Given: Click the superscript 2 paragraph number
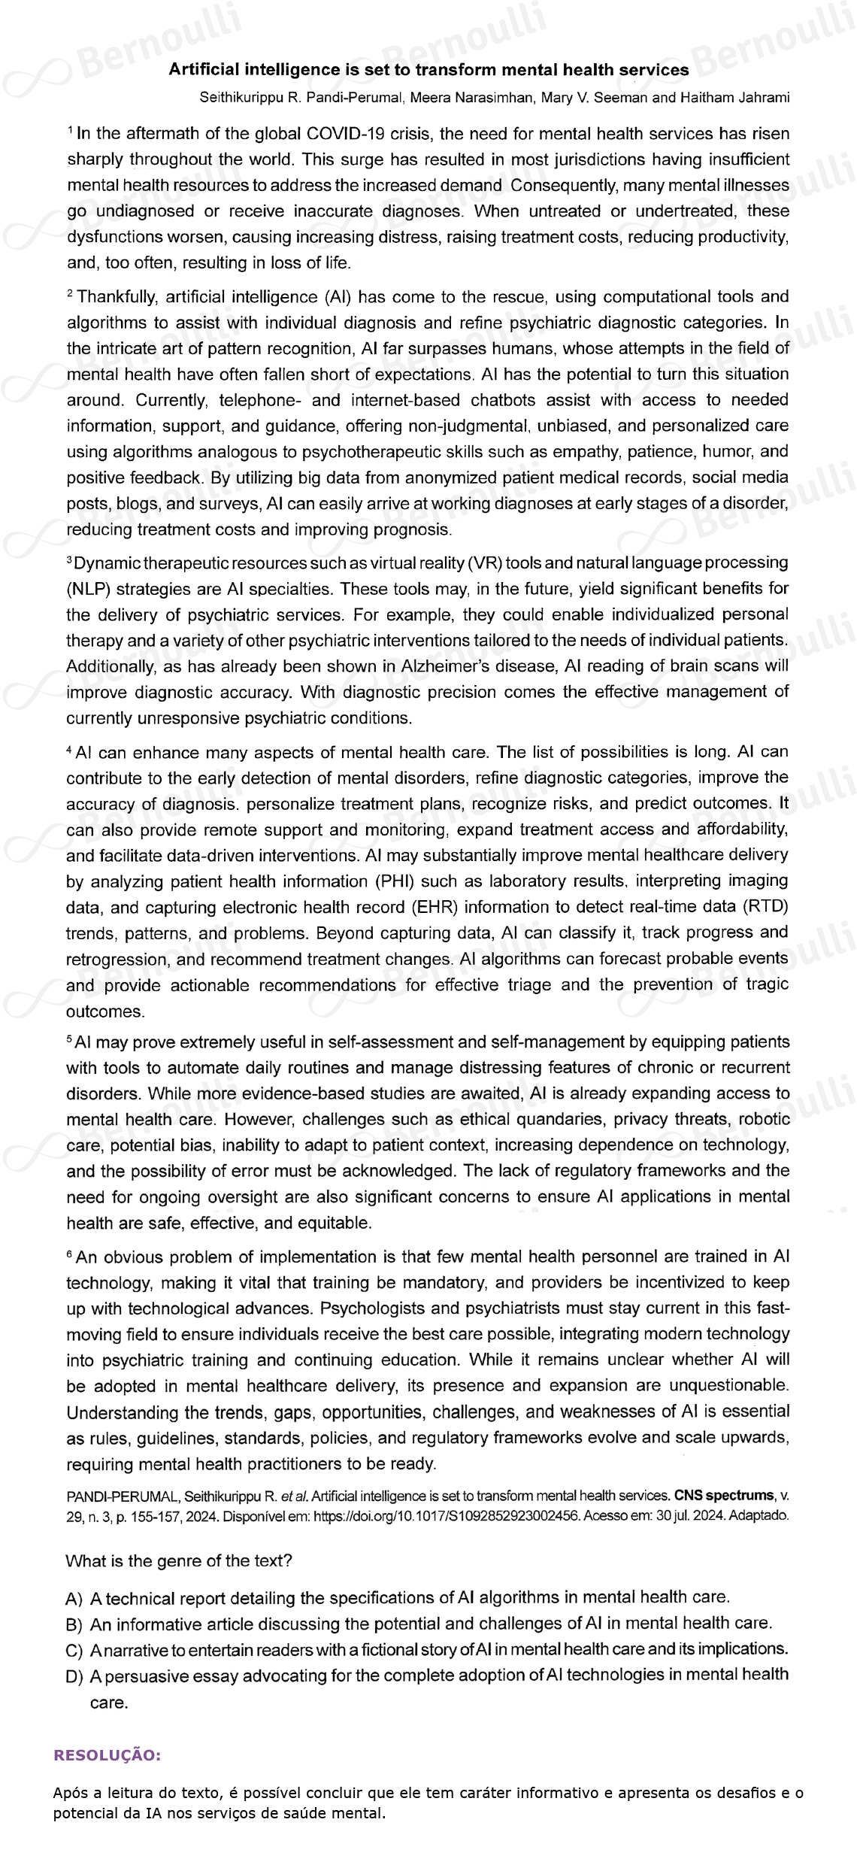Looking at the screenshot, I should point(70,293).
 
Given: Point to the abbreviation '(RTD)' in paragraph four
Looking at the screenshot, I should point(765,907).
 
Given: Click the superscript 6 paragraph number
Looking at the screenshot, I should point(70,1253).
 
